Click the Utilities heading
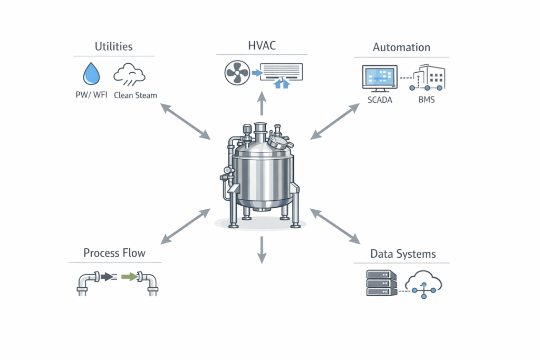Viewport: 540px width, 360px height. click(x=113, y=46)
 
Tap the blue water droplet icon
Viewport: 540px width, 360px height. click(x=91, y=74)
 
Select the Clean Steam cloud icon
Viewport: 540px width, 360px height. click(x=129, y=74)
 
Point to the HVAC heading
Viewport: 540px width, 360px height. click(x=262, y=46)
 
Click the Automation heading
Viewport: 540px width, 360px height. click(x=401, y=47)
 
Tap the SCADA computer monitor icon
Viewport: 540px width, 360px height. click(x=379, y=79)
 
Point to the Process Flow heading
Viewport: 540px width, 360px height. click(x=114, y=253)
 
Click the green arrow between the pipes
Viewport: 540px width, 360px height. click(x=128, y=276)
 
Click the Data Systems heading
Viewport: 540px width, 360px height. click(x=403, y=254)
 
